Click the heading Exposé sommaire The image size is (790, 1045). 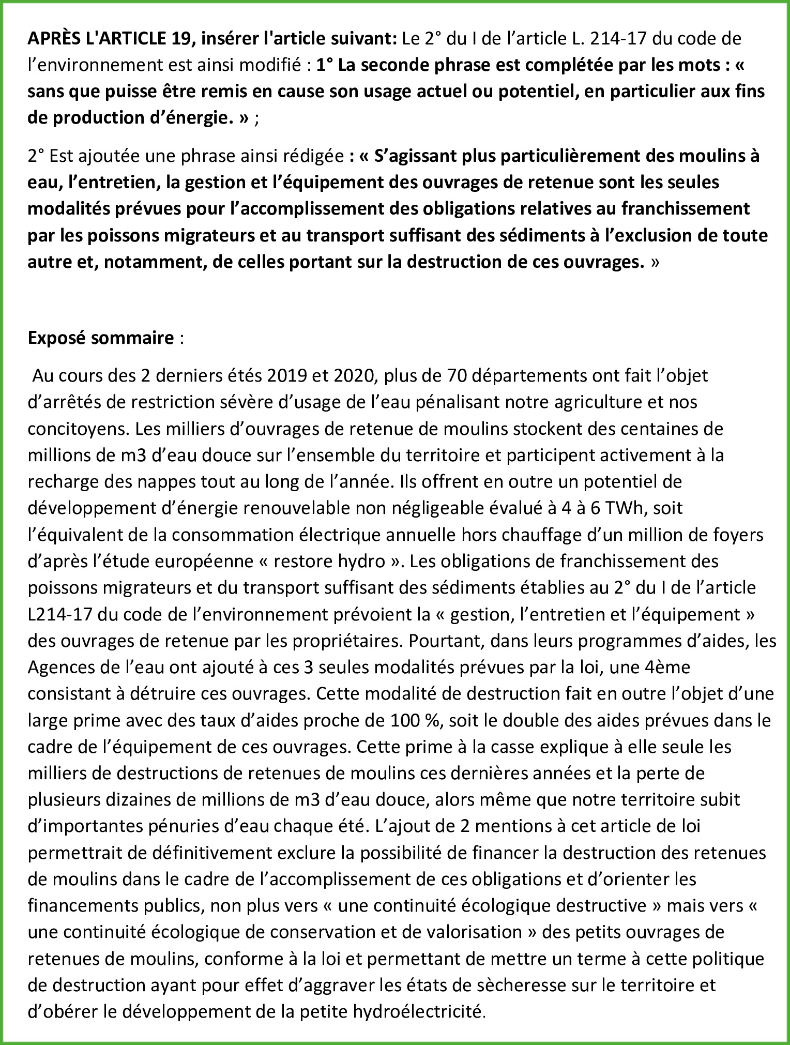101,338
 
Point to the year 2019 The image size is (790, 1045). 287,375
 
